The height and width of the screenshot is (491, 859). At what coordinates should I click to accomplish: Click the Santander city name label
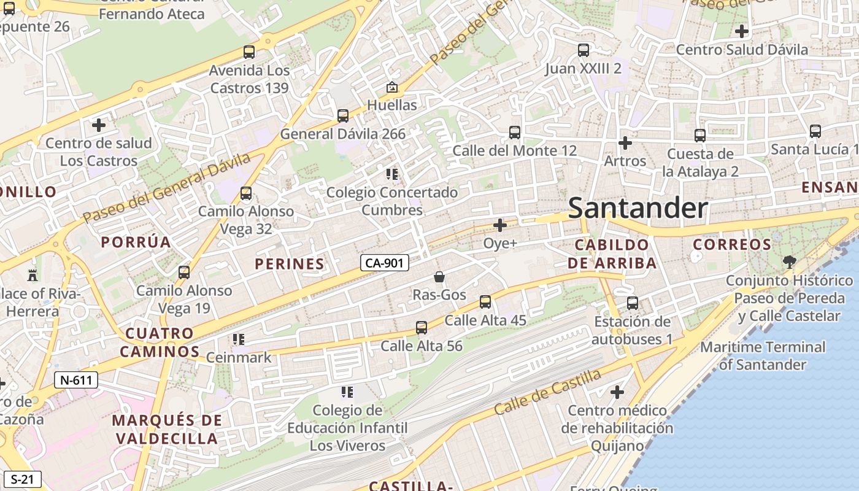[638, 209]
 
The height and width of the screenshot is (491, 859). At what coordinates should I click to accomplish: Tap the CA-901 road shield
[384, 263]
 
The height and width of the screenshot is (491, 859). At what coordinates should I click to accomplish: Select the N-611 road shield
[76, 380]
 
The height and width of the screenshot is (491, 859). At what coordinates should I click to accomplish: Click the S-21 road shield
[22, 479]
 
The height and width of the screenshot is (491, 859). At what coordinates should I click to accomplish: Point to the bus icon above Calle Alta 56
[422, 328]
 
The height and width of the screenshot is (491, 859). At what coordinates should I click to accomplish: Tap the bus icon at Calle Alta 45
[485, 302]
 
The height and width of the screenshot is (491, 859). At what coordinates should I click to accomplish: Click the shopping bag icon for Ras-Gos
[439, 277]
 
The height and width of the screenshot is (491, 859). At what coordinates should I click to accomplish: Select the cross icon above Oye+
[500, 225]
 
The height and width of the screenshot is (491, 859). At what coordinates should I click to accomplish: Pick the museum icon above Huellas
[392, 87]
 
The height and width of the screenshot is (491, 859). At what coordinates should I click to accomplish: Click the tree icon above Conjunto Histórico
[789, 262]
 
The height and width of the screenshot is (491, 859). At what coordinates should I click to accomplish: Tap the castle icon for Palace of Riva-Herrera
[33, 275]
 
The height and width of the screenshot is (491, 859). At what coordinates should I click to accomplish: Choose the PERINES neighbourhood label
[289, 264]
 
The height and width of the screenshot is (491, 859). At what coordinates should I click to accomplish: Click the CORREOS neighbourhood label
[731, 244]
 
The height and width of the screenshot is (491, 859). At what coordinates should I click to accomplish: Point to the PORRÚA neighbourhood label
[136, 242]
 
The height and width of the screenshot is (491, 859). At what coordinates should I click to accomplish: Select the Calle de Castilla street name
[548, 391]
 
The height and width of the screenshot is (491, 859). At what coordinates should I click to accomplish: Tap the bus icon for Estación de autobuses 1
[633, 303]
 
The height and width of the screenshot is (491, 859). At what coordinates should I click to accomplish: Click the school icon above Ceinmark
[239, 339]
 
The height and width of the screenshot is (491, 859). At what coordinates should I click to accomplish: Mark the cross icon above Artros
[625, 143]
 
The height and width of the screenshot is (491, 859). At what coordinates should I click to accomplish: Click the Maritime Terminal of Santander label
[762, 356]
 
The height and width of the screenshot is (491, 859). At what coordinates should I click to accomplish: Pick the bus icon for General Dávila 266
[343, 115]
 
